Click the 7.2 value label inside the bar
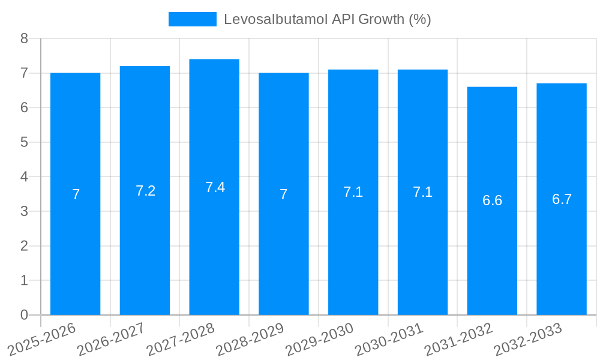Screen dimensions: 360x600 [x=145, y=191]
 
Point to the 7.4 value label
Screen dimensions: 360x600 [x=215, y=187]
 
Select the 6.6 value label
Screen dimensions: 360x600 [x=492, y=201]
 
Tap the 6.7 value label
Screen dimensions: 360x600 [x=562, y=199]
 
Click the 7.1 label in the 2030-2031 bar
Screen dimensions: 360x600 [x=422, y=192]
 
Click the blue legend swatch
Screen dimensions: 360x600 [x=192, y=19]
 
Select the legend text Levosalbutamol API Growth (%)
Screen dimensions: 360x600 [x=328, y=19]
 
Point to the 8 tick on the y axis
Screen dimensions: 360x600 [x=24, y=38]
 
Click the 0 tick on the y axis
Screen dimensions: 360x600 [x=24, y=315]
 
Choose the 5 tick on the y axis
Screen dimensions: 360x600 [x=24, y=142]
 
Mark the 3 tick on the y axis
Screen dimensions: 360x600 [x=24, y=211]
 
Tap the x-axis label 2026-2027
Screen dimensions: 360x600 [x=110, y=339]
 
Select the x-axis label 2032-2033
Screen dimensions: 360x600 [x=527, y=339]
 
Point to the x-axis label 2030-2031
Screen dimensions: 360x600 [x=388, y=339]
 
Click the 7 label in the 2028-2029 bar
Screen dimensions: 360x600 [x=283, y=194]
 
